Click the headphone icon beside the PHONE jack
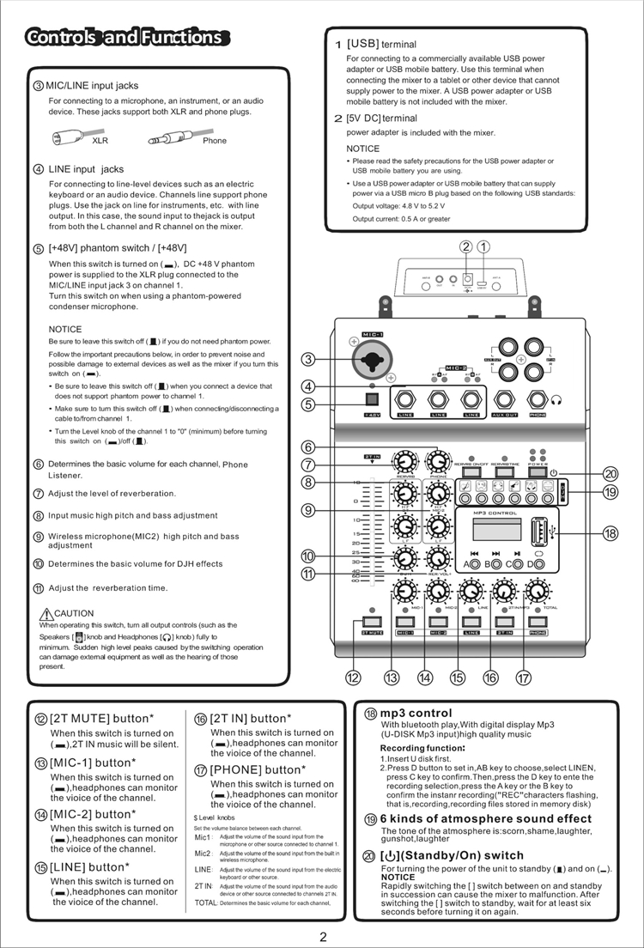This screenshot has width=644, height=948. click(x=557, y=399)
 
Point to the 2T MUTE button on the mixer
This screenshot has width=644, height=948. click(x=372, y=622)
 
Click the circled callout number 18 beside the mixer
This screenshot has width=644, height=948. click(x=611, y=533)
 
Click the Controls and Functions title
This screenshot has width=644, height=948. click(x=125, y=37)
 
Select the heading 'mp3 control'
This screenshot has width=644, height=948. click(x=416, y=713)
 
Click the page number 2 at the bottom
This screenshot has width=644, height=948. click(x=323, y=936)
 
